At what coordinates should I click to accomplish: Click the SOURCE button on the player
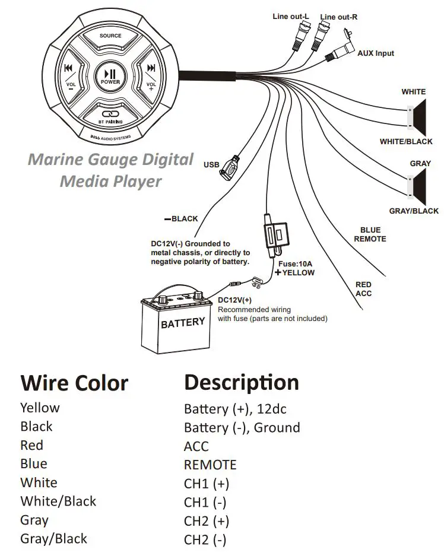[110, 37]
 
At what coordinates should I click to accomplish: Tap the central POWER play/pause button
[110, 77]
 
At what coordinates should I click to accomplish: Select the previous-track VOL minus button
[69, 77]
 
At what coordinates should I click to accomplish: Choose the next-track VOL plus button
[151, 77]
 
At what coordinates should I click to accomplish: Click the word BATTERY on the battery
[183, 323]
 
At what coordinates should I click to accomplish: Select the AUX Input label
[375, 53]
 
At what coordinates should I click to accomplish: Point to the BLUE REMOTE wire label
[370, 234]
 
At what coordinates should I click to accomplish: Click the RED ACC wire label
[363, 289]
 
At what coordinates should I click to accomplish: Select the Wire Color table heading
[74, 383]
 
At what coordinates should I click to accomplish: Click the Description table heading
[241, 382]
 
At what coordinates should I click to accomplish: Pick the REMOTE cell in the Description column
[210, 465]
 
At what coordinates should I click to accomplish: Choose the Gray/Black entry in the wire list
[53, 539]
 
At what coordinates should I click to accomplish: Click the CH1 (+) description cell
[206, 484]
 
